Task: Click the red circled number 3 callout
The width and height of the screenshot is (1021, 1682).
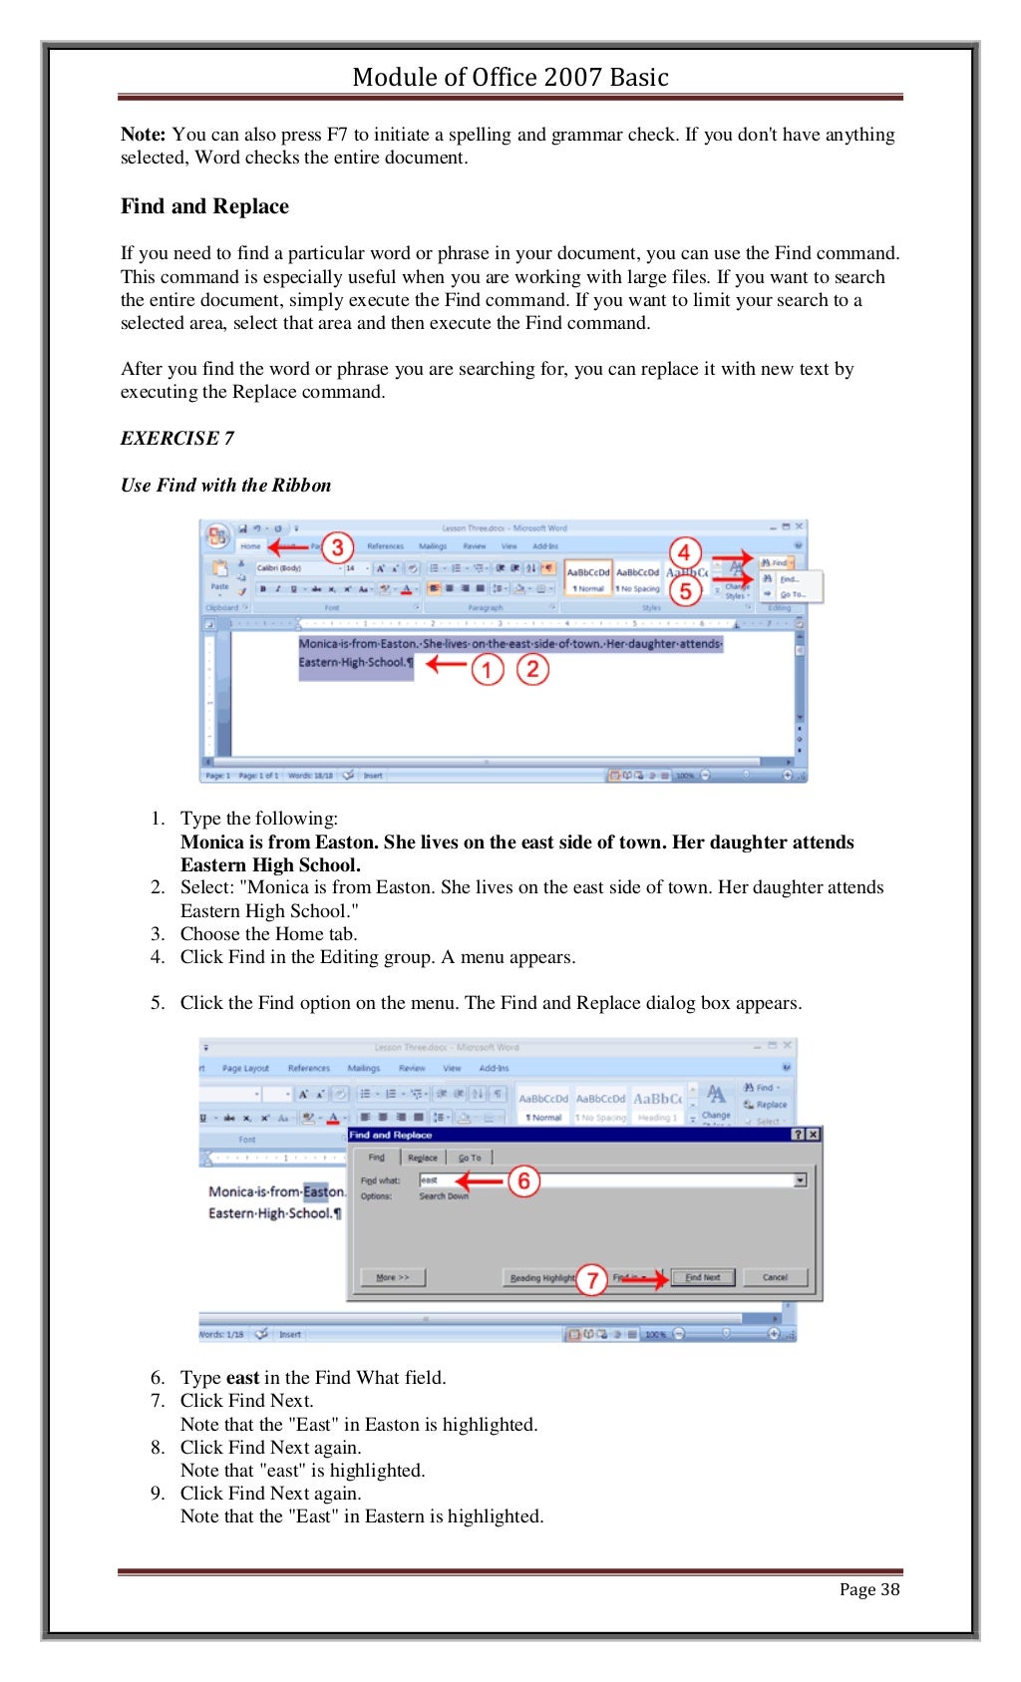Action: pyautogui.click(x=337, y=547)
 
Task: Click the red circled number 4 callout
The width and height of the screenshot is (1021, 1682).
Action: pyautogui.click(x=684, y=552)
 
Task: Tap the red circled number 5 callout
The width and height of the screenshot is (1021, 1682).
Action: pyautogui.click(x=685, y=590)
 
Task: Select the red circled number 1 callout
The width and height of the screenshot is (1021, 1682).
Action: pyautogui.click(x=487, y=669)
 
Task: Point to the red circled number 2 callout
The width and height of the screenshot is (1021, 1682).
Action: pyautogui.click(x=532, y=669)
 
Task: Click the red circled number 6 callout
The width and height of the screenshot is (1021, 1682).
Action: pyautogui.click(x=523, y=1181)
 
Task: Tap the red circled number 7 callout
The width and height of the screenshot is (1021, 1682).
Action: pyautogui.click(x=591, y=1279)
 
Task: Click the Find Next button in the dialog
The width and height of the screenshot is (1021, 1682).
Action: pyautogui.click(x=703, y=1277)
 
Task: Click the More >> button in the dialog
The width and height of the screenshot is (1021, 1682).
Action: pyautogui.click(x=392, y=1277)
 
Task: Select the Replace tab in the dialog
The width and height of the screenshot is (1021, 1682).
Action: pyautogui.click(x=423, y=1158)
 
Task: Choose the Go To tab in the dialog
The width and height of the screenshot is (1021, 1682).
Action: pyautogui.click(x=469, y=1158)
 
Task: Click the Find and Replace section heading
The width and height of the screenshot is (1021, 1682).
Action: pyautogui.click(x=204, y=206)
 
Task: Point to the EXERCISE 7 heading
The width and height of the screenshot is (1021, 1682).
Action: pyautogui.click(x=177, y=439)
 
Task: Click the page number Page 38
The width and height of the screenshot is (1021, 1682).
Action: pyautogui.click(x=868, y=1589)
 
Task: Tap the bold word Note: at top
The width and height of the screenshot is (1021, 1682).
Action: pyautogui.click(x=143, y=135)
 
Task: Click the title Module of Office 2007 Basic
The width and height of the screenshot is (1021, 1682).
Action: pyautogui.click(x=510, y=77)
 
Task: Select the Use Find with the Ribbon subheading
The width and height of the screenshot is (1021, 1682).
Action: pyautogui.click(x=225, y=486)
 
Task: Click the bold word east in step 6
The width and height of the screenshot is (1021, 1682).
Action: pyautogui.click(x=242, y=1378)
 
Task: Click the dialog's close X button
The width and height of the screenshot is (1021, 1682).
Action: pyautogui.click(x=814, y=1135)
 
